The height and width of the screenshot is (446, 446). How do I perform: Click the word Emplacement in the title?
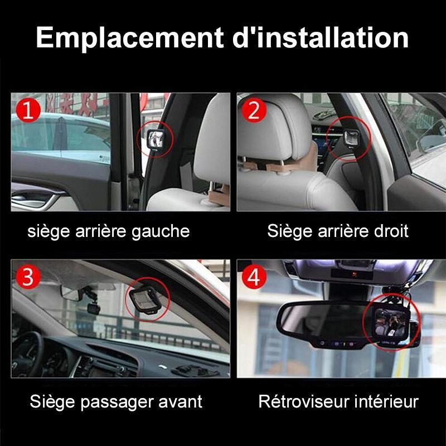129,38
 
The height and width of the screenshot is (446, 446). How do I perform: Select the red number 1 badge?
28,110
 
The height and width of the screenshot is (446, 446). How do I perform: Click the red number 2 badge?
254,110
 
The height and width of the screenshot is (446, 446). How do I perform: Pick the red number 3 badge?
28,277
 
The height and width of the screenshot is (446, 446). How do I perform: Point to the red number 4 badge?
254,277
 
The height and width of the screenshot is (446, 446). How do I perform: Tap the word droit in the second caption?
391,231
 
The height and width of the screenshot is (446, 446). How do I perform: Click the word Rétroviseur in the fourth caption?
304,401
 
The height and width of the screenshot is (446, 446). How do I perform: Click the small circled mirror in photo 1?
156,138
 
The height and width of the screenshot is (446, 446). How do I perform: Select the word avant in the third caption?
180,401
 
